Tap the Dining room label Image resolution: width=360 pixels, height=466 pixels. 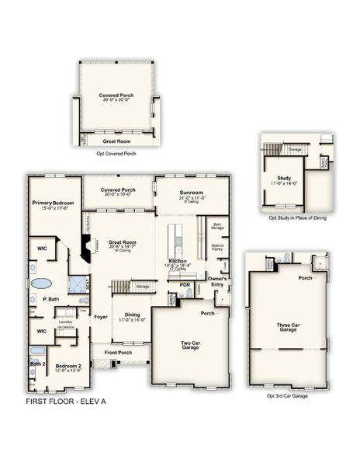coord(133,315)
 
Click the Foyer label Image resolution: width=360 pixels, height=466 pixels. coord(102,316)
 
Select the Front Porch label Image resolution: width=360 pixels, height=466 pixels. coord(118,353)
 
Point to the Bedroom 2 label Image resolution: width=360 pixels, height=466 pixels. coord(68,366)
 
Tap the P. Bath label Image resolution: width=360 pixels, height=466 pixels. coord(51,299)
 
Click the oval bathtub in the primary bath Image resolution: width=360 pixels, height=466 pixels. coord(44,284)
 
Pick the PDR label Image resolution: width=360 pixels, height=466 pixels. coord(185,284)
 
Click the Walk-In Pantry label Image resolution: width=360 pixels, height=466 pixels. coord(218,248)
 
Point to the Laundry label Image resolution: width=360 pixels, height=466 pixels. coord(65,322)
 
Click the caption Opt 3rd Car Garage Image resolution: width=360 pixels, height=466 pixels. coord(288,396)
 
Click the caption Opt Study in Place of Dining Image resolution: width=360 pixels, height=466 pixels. coord(295,218)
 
